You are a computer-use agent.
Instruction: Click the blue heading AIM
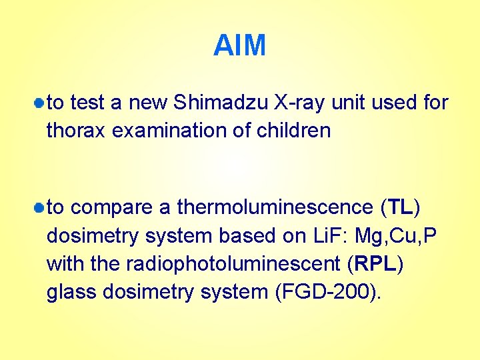click(239, 46)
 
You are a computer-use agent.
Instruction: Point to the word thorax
click(77, 131)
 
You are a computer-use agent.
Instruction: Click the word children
click(291, 131)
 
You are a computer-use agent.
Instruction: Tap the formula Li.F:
click(329, 236)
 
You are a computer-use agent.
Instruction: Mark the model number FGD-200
click(326, 292)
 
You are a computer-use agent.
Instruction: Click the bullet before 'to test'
click(40, 103)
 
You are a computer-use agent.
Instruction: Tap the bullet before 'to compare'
click(40, 208)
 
